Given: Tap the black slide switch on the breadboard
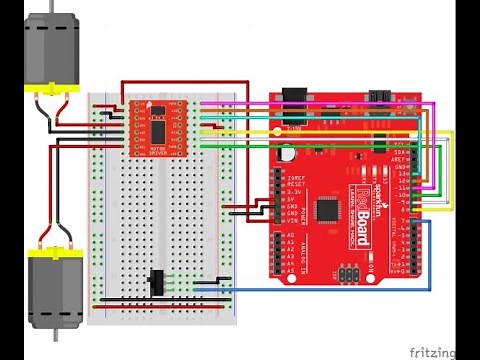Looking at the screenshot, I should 156,284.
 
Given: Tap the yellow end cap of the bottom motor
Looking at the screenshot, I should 53,257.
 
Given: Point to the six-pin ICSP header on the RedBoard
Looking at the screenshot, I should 347,272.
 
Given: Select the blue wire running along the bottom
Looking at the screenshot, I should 330,290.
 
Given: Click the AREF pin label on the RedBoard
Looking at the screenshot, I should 401,157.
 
